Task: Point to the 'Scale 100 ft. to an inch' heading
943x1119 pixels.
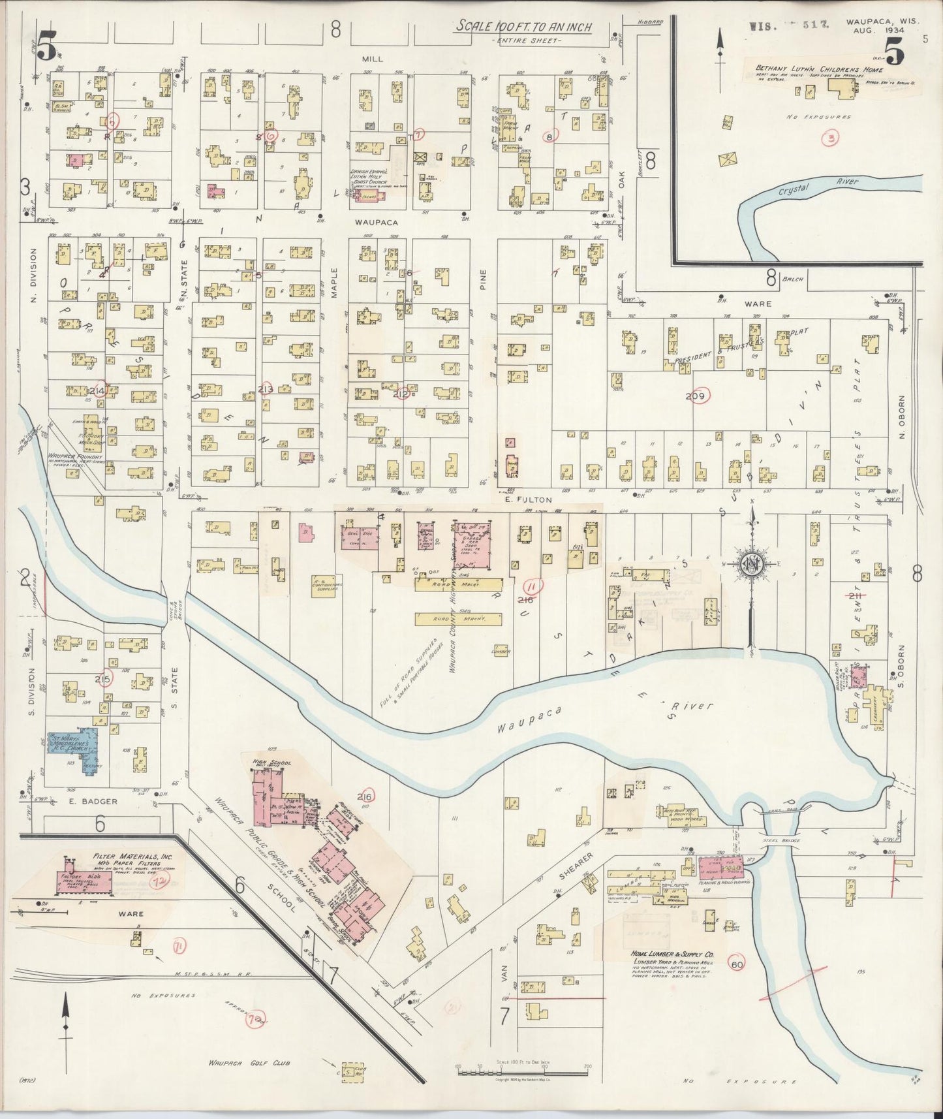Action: coord(523,27)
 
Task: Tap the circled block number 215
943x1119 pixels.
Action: coord(103,678)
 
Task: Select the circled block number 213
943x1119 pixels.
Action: coord(265,390)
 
